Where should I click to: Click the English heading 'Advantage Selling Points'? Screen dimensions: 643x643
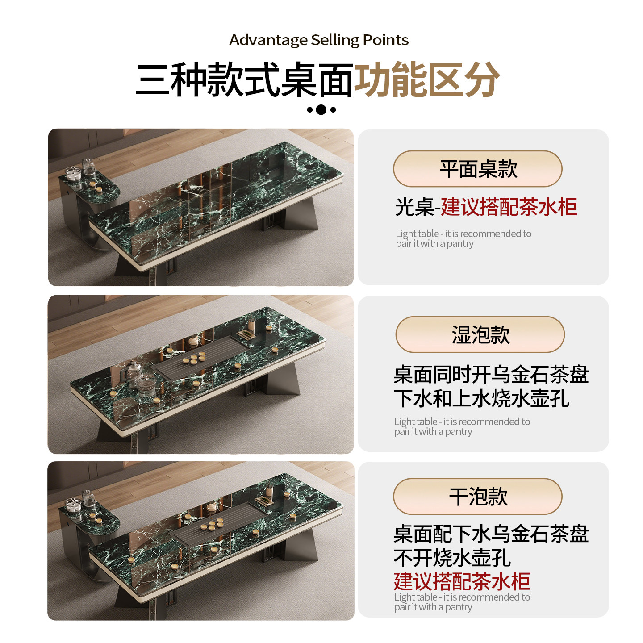click(319, 40)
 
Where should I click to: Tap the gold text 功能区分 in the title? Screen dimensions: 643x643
click(426, 79)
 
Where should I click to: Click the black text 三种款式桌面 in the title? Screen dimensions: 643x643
click(245, 79)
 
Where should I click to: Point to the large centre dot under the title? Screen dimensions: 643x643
click(321, 109)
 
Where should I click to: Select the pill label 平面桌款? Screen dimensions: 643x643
click(477, 169)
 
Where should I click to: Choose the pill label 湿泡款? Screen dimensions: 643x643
click(480, 334)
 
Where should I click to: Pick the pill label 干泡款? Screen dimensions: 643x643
click(477, 496)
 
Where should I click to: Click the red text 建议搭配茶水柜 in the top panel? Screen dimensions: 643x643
click(509, 207)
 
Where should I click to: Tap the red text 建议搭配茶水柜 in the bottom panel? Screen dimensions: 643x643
click(462, 581)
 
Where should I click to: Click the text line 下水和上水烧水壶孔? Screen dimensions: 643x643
click(481, 398)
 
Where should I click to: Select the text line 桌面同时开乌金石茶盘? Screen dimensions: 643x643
click(491, 374)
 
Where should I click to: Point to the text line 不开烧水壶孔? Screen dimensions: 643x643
click(452, 557)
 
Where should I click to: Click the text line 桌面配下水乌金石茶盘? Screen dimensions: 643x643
click(491, 534)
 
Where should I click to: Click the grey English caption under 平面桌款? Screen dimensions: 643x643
click(463, 238)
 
